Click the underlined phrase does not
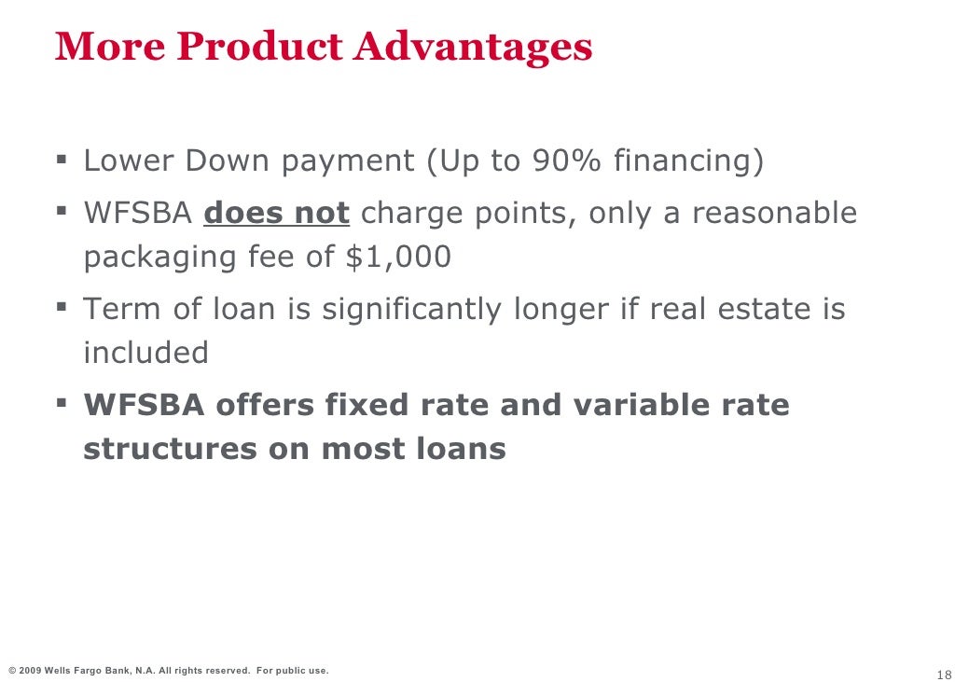(x=276, y=213)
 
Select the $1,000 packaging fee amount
(x=398, y=257)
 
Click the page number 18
(x=941, y=675)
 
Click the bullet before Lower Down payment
(x=62, y=160)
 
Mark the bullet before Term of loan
(x=62, y=306)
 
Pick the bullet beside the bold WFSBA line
(x=62, y=403)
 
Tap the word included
(x=146, y=353)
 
